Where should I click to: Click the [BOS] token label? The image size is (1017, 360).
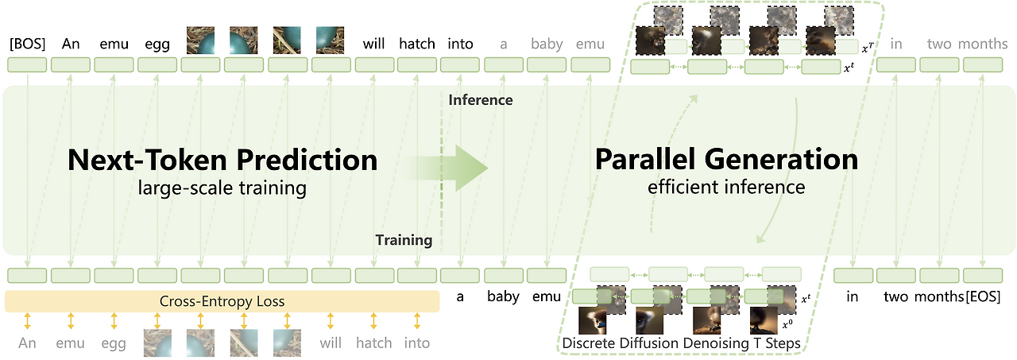tap(28, 44)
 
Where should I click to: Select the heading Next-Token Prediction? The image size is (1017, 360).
tap(222, 160)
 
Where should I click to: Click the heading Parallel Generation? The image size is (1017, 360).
tap(726, 160)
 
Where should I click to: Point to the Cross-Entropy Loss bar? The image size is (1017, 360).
tap(222, 301)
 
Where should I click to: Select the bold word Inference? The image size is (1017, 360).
tap(480, 100)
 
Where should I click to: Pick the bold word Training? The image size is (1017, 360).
tap(404, 239)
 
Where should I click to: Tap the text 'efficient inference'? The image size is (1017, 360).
tap(726, 188)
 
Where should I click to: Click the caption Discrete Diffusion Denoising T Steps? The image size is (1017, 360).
tap(681, 343)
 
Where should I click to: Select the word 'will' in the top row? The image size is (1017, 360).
tap(374, 44)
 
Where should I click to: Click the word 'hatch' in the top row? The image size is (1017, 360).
tap(417, 44)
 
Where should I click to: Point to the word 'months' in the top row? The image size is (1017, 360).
tap(983, 44)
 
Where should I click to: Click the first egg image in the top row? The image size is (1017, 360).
tap(200, 40)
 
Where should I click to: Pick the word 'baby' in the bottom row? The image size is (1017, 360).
tap(503, 297)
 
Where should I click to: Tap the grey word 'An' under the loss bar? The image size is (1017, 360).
tap(28, 343)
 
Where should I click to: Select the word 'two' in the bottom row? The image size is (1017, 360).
tap(897, 297)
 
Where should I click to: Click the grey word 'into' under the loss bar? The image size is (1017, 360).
tap(416, 343)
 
